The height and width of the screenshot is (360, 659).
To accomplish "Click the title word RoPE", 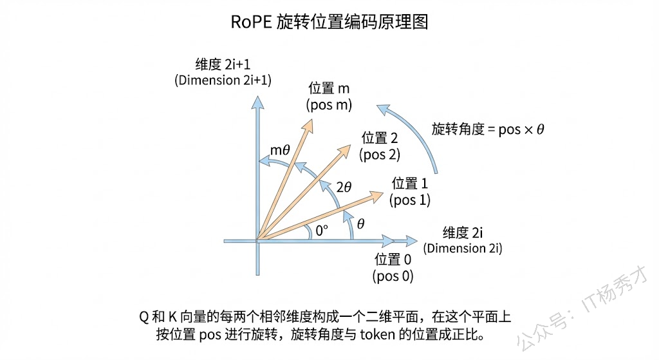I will (250, 22).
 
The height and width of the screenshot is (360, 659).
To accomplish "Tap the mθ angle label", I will (281, 151).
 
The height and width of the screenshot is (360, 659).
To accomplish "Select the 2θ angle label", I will (344, 187).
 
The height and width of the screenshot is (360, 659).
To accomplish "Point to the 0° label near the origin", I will (321, 231).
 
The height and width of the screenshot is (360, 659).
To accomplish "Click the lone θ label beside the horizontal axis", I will (360, 223).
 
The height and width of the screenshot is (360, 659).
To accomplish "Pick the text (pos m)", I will (330, 105).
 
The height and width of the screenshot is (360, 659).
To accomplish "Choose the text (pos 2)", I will (380, 154).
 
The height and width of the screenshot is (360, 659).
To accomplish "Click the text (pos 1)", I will (410, 200).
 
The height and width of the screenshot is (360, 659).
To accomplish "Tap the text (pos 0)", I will (393, 276).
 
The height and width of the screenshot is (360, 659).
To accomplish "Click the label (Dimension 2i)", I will (463, 249).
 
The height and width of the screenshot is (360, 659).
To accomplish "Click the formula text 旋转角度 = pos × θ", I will (488, 129).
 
